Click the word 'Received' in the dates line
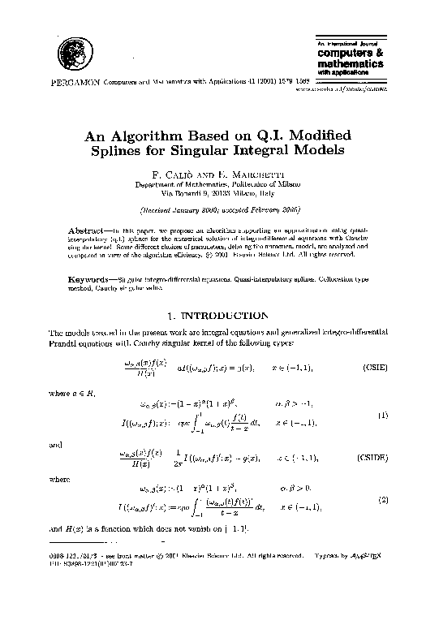click(161, 209)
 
